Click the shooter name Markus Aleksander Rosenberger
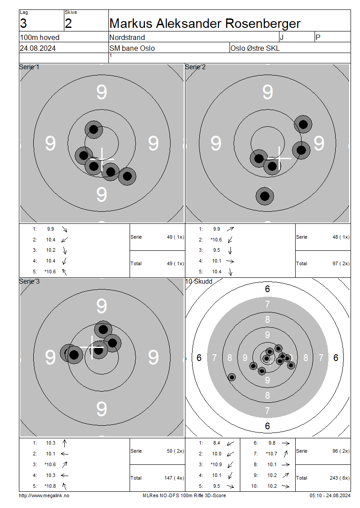pos(205,24)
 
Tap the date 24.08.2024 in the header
pos(38,48)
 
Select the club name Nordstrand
pos(127,38)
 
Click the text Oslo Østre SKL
pos(255,48)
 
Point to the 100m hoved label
pos(40,38)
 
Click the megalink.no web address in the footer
pos(44,495)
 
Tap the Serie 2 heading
pos(195,67)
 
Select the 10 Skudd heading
pos(199,281)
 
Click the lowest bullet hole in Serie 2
pos(265,196)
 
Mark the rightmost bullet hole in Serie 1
pos(127,176)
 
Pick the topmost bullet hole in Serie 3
pos(103,330)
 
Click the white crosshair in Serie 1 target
pos(102,160)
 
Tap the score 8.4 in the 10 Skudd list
pos(216,443)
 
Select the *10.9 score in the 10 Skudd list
pos(216,464)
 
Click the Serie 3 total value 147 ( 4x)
pos(174,478)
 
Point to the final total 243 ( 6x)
pos(341,478)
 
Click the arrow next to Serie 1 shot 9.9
pos(64,229)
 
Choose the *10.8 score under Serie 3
pos(50,486)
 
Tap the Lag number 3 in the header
pos(23,24)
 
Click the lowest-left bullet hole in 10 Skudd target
pos(232,377)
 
